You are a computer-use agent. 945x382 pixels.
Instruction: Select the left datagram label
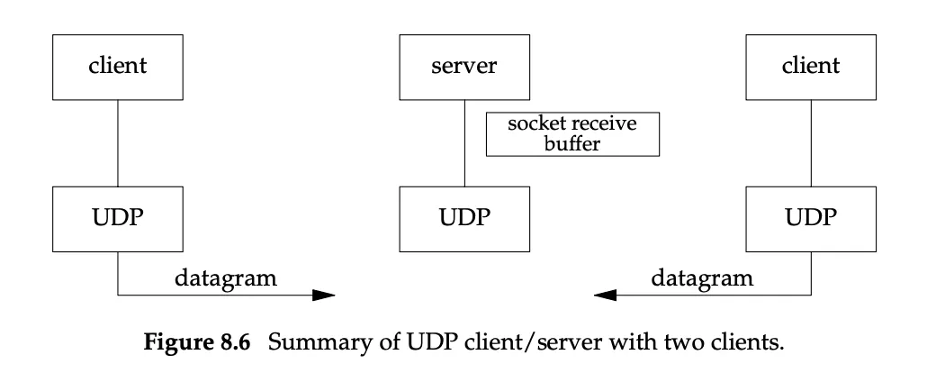pyautogui.click(x=226, y=278)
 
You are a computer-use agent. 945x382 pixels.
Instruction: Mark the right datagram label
pyautogui.click(x=702, y=278)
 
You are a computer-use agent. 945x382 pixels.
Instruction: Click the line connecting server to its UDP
pyautogui.click(x=464, y=143)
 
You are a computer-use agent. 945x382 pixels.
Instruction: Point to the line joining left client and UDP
pyautogui.click(x=118, y=143)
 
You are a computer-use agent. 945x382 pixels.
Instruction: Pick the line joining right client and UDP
pyautogui.click(x=811, y=143)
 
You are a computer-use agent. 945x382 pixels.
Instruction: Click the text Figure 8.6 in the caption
pyautogui.click(x=196, y=342)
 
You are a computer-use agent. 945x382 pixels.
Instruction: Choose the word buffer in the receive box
pyautogui.click(x=572, y=144)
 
